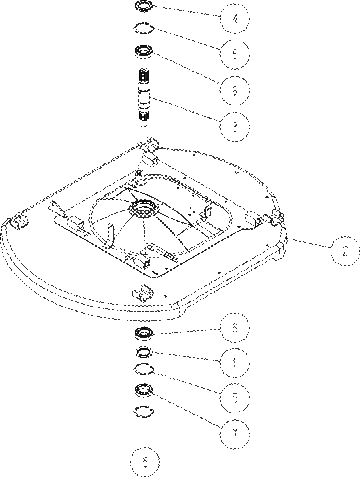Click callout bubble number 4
click(x=235, y=19)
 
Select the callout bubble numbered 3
click(x=235, y=126)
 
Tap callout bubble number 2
click(x=345, y=251)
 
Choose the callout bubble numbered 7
click(x=235, y=435)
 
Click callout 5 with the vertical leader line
click(x=145, y=462)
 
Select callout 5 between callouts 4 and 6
click(x=235, y=54)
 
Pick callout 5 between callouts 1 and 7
click(x=235, y=399)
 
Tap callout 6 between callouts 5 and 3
click(x=235, y=90)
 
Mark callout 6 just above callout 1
click(x=235, y=328)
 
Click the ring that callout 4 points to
click(x=145, y=7)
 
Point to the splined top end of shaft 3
click(x=145, y=74)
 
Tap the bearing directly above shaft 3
click(x=145, y=50)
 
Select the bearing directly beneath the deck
click(x=145, y=332)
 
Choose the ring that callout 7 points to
click(x=145, y=390)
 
